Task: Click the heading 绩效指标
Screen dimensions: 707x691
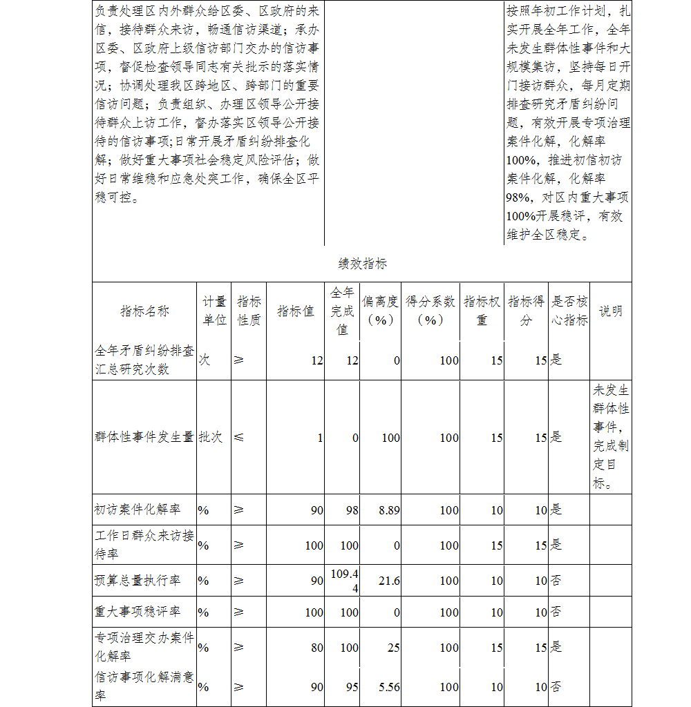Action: tap(362, 263)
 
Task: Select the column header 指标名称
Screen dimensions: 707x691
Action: tap(144, 311)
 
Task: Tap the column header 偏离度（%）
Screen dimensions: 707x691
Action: tap(381, 311)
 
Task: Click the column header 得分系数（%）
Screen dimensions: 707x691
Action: tap(430, 311)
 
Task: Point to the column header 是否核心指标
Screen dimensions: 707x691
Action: tap(569, 311)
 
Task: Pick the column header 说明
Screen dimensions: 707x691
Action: tap(610, 311)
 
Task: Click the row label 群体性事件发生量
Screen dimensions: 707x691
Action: tap(144, 437)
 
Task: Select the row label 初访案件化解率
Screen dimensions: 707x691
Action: tap(138, 510)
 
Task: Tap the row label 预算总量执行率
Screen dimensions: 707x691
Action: tap(138, 581)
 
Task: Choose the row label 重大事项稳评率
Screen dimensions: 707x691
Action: tap(138, 612)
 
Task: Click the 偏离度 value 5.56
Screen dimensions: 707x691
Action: tap(389, 687)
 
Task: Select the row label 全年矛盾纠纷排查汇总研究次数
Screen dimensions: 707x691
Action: tap(144, 360)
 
